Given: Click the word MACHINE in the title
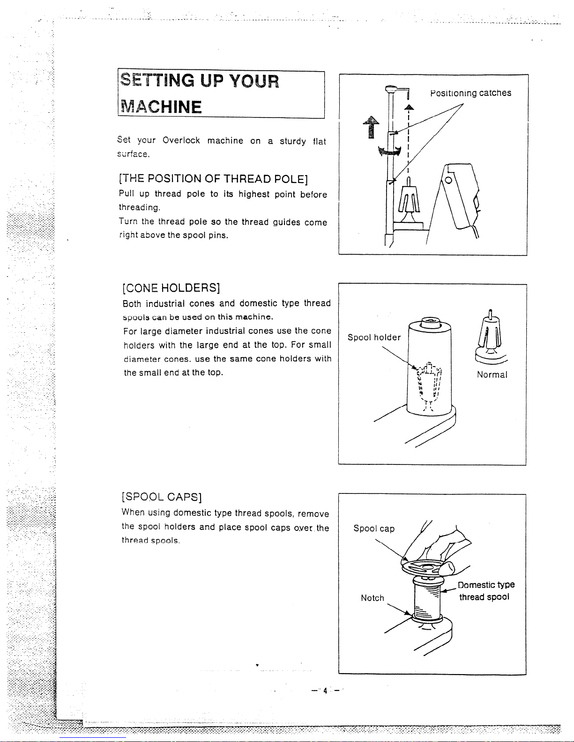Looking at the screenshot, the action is [x=161, y=107].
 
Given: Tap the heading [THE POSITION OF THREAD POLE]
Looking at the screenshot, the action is [x=214, y=178].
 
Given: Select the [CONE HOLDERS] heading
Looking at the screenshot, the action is [x=171, y=288].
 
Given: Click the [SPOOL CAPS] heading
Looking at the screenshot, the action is [x=162, y=497].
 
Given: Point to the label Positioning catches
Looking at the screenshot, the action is [x=470, y=93].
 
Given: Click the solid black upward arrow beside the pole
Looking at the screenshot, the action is [x=371, y=127].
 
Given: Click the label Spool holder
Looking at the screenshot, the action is [x=374, y=338].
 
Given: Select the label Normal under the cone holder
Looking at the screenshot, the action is [x=492, y=375].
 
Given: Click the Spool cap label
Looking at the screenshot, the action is [x=374, y=529].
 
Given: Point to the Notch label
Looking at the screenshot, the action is [x=373, y=598].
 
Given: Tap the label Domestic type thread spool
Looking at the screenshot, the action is [x=485, y=591].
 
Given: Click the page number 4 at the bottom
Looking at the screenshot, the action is [x=325, y=691].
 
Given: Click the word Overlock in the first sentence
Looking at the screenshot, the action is [x=181, y=140].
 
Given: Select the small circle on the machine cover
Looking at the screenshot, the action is [x=448, y=180].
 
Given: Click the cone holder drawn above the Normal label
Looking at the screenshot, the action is [x=491, y=338].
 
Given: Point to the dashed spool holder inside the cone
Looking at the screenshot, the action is [x=428, y=385].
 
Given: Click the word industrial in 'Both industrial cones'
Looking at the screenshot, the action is [x=167, y=303].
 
